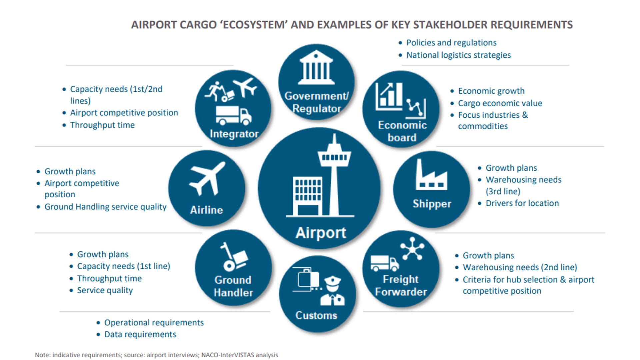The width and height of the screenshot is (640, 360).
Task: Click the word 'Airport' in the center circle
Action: coord(321,233)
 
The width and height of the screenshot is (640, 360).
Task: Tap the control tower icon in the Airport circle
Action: coord(334,173)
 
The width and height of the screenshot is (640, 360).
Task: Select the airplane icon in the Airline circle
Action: coord(207,178)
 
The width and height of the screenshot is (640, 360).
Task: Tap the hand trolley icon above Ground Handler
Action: coord(234,257)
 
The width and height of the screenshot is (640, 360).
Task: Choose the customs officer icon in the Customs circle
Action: coord(332,291)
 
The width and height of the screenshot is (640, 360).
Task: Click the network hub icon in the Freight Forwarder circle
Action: coord(412,248)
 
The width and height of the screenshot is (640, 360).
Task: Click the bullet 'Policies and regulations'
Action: coord(451,43)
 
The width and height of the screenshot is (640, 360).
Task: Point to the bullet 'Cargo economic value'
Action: coord(500,103)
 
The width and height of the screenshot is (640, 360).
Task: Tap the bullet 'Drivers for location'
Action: coord(522,203)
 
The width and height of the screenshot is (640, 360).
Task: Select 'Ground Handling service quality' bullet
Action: coord(105,207)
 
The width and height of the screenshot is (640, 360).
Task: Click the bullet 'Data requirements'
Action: coord(140,334)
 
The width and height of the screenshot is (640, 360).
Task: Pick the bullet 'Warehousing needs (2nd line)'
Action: coord(520,267)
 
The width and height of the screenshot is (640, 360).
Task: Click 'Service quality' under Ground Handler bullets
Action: coord(105,290)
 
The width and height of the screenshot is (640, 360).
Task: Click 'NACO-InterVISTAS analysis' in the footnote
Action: coord(239,355)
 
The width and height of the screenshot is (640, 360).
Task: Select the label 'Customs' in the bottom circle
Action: coord(316,315)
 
